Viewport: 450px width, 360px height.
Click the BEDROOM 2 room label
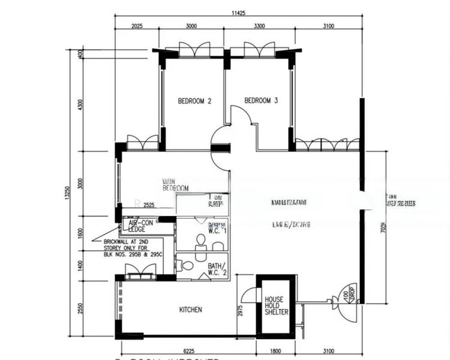pos(194,101)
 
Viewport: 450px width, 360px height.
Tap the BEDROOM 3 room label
pos(261,101)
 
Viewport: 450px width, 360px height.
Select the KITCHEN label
pos(191,310)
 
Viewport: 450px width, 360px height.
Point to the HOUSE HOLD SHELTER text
pos(276,305)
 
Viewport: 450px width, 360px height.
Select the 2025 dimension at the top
pos(136,26)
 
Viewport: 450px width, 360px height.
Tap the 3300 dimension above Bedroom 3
pos(260,26)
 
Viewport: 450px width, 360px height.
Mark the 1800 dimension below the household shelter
pos(275,351)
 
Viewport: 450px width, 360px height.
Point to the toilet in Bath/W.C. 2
pos(187,265)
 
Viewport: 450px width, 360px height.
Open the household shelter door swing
pos(247,296)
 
